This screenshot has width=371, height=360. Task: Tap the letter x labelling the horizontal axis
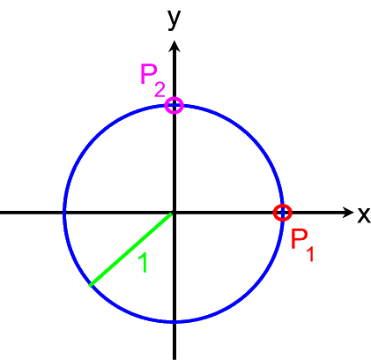364,214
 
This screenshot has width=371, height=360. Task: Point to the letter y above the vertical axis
174,19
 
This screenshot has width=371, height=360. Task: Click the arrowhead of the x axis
348,213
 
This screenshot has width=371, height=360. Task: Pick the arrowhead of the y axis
174,47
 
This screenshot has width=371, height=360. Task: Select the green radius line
131,249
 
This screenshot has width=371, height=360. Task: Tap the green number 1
143,263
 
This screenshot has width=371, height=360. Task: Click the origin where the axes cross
174,213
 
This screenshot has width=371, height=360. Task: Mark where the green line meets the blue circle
91,285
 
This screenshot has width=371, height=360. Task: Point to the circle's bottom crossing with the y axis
174,321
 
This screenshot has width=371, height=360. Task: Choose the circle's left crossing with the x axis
65,213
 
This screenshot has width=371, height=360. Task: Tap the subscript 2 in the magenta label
160,90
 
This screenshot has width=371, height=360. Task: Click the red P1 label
302,244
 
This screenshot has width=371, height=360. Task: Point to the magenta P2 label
153,80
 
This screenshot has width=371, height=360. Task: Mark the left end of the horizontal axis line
1,213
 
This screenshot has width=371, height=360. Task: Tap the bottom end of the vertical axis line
174,359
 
